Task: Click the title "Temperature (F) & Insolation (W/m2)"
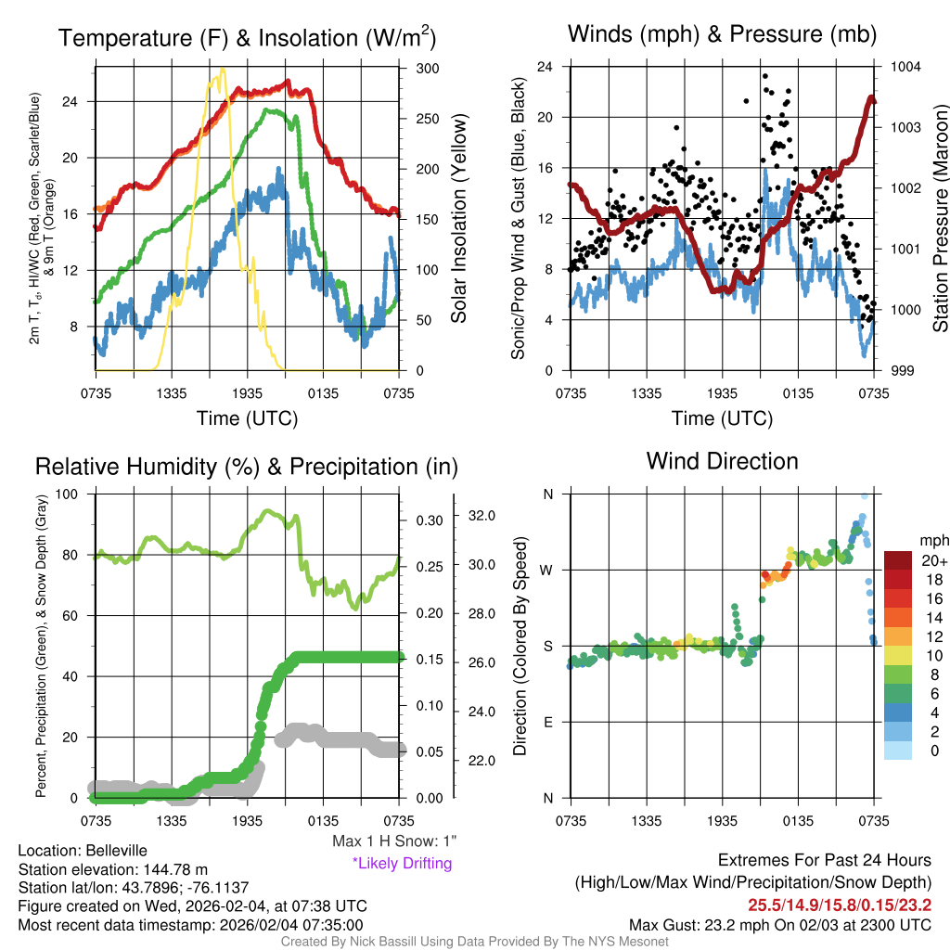247,38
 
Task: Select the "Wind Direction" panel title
722,461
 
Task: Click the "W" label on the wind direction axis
547,570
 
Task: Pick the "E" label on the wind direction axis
548,722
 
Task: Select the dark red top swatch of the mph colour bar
900,559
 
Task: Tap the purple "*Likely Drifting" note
402,864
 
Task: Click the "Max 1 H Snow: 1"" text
394,841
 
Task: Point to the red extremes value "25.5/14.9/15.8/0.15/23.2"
840,904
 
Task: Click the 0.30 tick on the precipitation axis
428,520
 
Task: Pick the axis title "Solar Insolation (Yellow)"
458,218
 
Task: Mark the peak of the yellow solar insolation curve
220,70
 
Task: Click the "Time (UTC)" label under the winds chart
722,418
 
